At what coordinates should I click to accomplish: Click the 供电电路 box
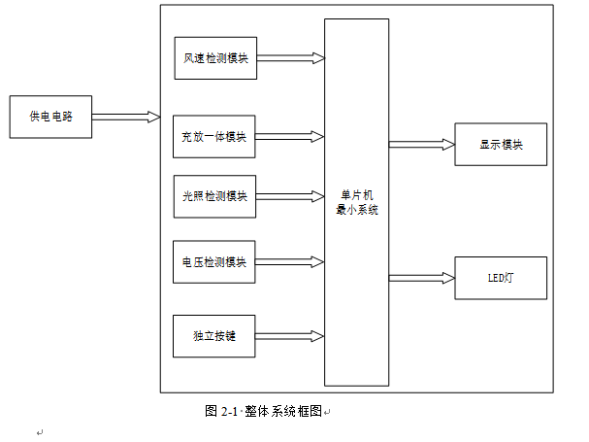tap(50, 117)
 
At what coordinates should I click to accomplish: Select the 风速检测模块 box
tap(215, 58)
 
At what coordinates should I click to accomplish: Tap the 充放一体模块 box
tap(215, 136)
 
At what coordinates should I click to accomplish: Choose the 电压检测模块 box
tap(215, 262)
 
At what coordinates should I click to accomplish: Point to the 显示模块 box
tap(501, 145)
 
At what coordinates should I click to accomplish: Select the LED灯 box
tap(501, 277)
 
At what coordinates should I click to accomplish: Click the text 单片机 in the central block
tap(355, 194)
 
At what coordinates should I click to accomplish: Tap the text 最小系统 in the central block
tap(355, 207)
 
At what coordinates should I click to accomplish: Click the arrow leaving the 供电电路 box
tap(126, 117)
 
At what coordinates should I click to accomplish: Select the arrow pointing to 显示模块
tap(421, 145)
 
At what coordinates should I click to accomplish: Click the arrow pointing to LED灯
tap(421, 277)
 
